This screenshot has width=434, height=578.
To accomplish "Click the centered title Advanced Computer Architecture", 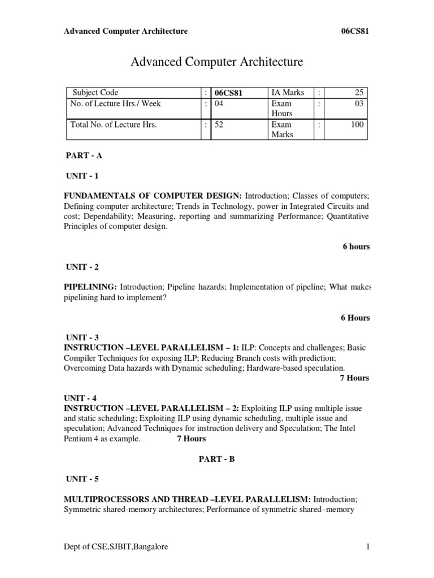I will click(x=217, y=62).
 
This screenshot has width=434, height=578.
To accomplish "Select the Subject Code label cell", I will click(x=94, y=93).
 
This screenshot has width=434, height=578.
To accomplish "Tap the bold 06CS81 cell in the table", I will click(x=229, y=93).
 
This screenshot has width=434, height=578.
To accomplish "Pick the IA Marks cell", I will click(x=288, y=93).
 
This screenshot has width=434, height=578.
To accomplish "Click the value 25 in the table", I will click(x=360, y=93).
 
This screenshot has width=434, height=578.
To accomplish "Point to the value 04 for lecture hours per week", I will click(x=219, y=103).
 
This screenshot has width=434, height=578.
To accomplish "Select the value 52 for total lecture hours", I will click(x=219, y=124).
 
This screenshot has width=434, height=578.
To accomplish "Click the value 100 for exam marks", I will click(x=357, y=124).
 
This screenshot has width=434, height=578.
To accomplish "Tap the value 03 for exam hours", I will click(x=360, y=103).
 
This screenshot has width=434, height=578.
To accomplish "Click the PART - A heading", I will click(x=84, y=155).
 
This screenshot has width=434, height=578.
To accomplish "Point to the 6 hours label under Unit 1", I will click(x=356, y=247).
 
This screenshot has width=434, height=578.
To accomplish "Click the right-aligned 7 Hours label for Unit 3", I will click(x=354, y=378).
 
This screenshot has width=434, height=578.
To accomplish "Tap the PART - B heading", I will click(x=216, y=459).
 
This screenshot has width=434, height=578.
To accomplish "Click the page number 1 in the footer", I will click(x=367, y=546).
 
